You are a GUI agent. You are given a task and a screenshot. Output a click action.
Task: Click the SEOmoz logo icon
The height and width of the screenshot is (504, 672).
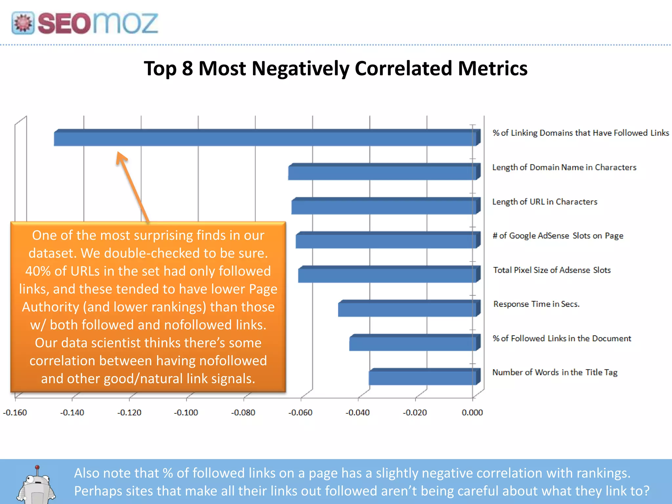[x=23, y=23]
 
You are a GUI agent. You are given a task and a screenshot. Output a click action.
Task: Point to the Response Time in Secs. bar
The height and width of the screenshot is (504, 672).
[x=407, y=309]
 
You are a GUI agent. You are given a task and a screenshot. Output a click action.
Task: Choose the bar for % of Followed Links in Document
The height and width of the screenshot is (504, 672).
[x=412, y=344]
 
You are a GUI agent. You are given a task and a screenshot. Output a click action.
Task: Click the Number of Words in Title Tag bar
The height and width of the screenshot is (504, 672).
[x=422, y=378]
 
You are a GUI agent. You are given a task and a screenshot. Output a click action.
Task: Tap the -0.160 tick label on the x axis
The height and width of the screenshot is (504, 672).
[x=15, y=412]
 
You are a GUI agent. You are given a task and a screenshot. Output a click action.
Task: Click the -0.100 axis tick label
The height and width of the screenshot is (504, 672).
[x=186, y=412]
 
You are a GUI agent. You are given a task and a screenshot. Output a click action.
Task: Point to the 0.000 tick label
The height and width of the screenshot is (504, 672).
[x=472, y=412]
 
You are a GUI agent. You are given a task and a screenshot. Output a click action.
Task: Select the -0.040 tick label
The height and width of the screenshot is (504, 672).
[x=358, y=412]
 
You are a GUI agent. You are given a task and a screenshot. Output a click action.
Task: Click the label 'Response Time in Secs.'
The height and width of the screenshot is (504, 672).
[x=536, y=304]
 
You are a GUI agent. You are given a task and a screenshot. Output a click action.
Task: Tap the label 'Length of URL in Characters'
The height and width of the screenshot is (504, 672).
[x=545, y=201]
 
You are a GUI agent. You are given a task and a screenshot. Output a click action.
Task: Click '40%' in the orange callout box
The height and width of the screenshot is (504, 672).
[x=37, y=271]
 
